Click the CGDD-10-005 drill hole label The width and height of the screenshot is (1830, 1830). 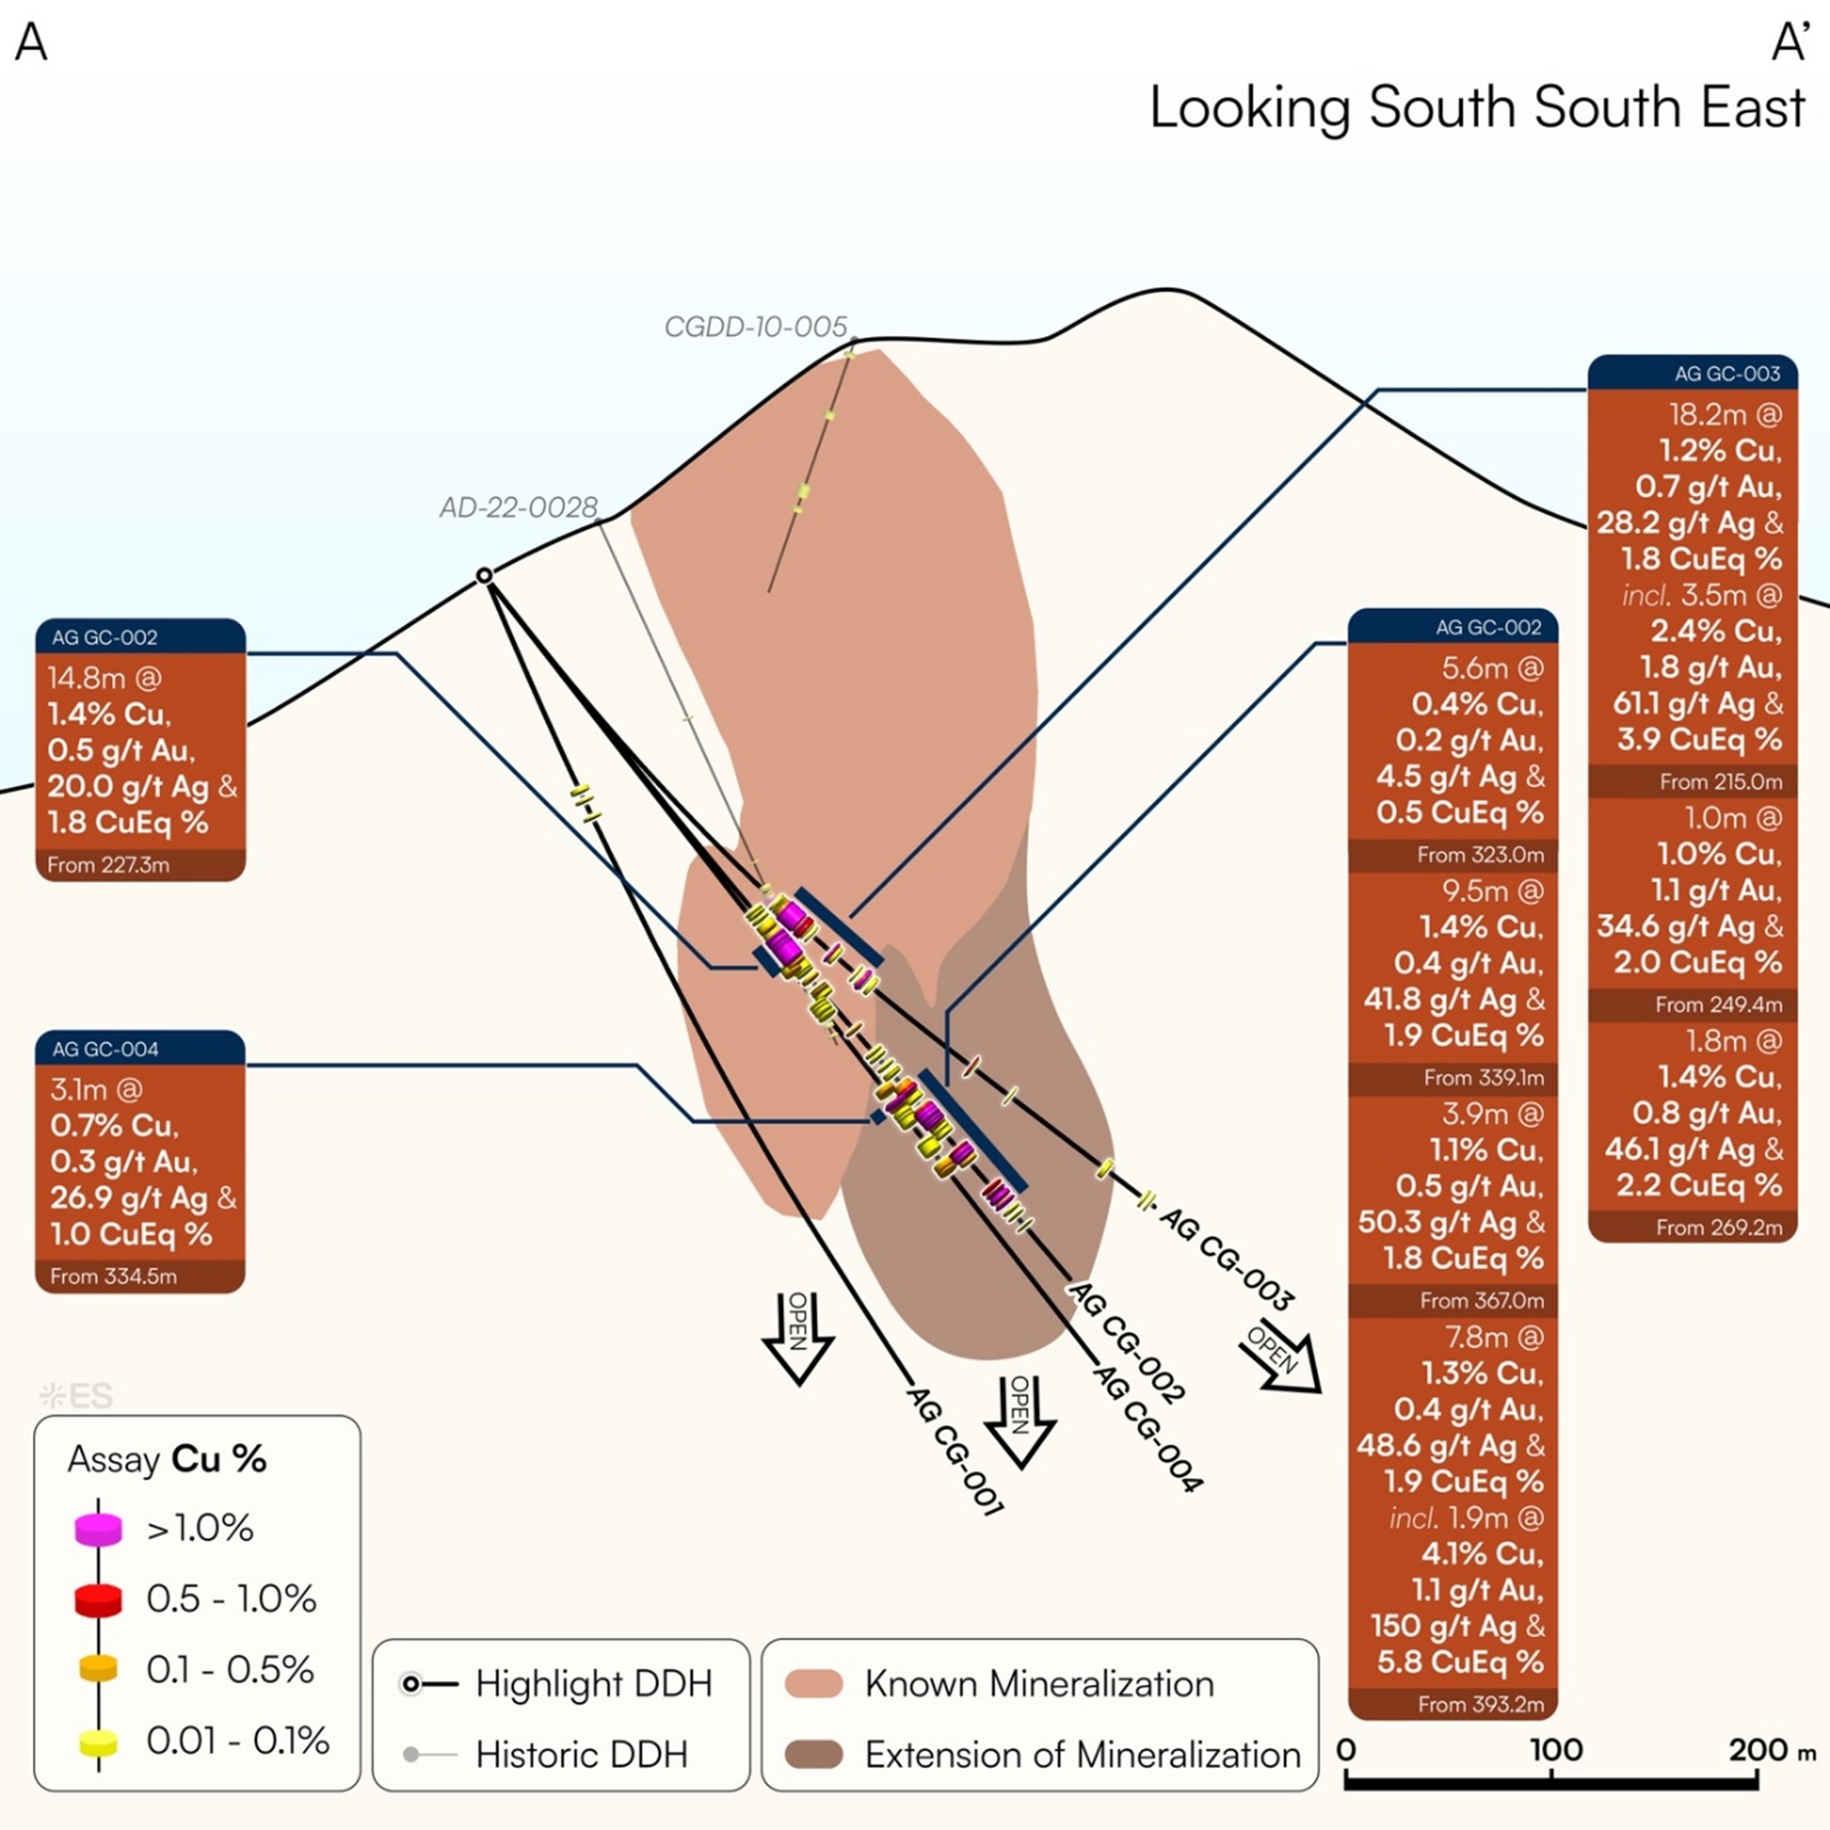point(755,327)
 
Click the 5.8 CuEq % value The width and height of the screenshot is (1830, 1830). point(1460,1663)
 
